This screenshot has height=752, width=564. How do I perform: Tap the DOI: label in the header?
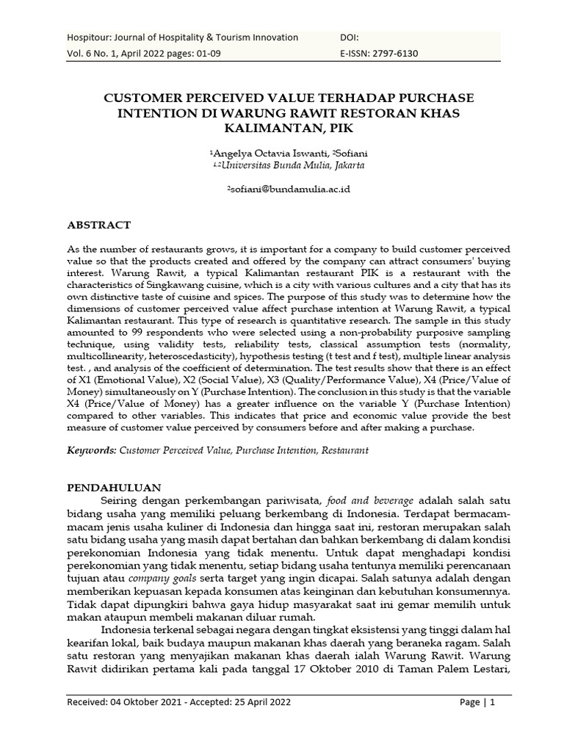click(350, 37)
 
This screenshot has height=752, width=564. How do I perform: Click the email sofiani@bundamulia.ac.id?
click(289, 189)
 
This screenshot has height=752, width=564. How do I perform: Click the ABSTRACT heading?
click(98, 225)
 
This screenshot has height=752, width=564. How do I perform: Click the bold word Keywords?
click(91, 449)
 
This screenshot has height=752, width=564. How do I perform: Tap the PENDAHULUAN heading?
click(119, 487)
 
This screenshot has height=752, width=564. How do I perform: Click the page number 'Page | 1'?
click(477, 702)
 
